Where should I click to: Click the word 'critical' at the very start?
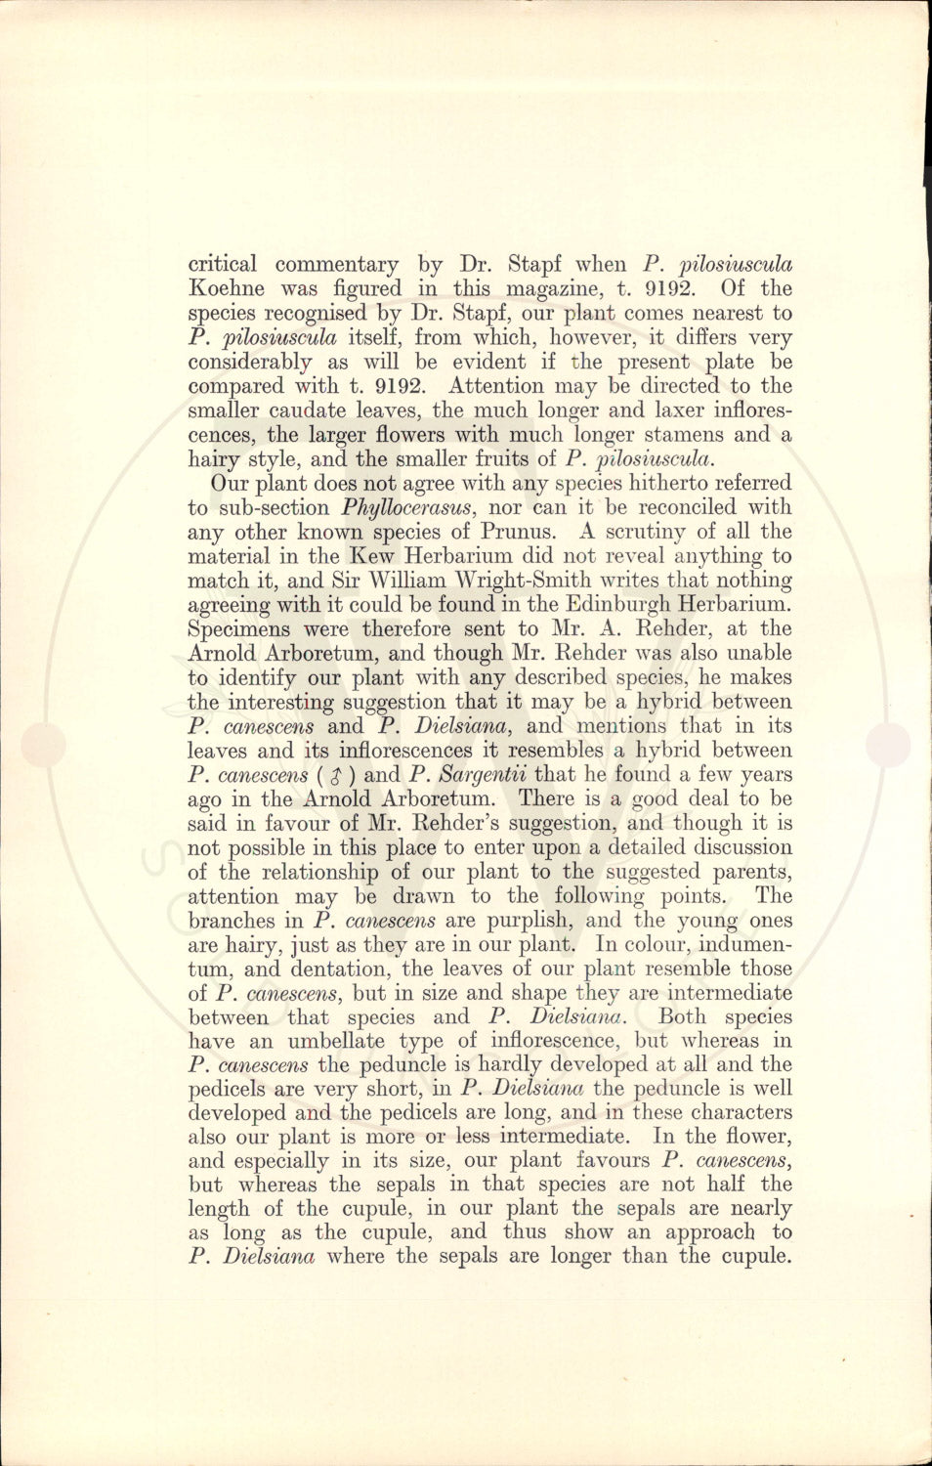point(223,264)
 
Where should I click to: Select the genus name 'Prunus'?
point(517,532)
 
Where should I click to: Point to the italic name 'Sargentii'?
point(482,775)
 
